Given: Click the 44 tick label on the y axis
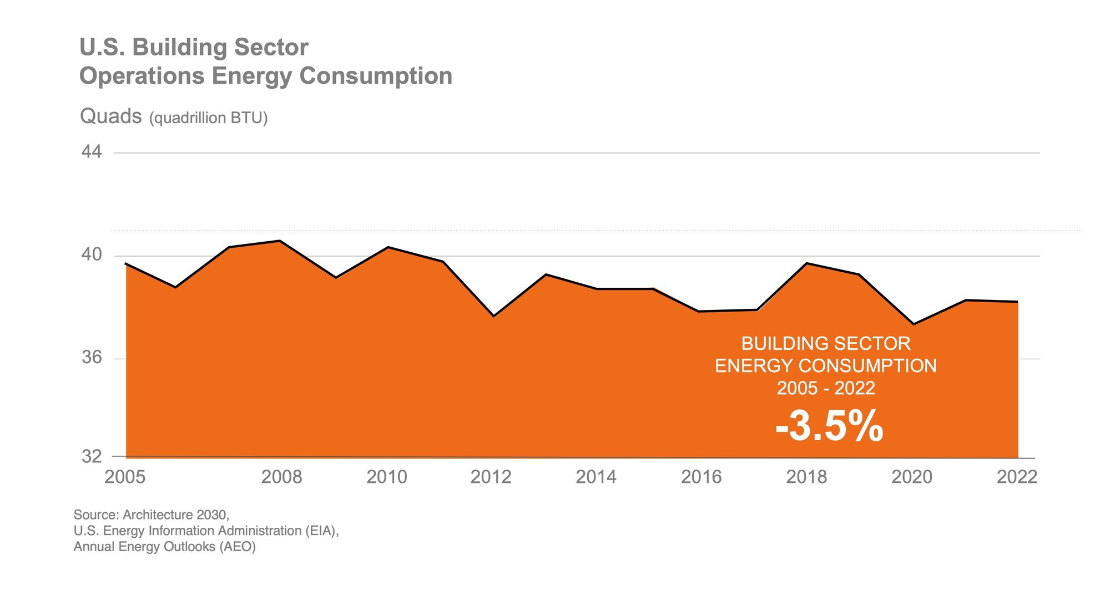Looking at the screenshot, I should (92, 152).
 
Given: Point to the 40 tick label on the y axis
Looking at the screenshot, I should (92, 255).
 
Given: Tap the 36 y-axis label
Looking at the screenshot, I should (92, 358).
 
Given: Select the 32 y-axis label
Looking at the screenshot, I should (92, 457).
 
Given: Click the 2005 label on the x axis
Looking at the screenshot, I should (125, 477).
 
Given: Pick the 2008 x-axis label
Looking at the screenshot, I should (281, 477).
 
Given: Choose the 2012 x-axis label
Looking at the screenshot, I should (491, 477).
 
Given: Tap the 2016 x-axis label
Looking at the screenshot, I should (701, 477).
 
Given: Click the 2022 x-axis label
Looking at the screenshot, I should (1017, 477).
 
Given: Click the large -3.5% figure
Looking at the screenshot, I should (829, 426).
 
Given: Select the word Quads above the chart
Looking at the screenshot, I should (111, 116).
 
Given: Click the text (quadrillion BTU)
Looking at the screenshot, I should (208, 118).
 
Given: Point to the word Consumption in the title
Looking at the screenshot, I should (376, 76).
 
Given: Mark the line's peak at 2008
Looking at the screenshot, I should (280, 241).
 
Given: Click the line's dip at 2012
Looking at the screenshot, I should (493, 316).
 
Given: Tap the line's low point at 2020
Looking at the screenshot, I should (913, 324).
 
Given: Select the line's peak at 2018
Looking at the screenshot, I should (806, 263).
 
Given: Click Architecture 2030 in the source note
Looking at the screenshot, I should (175, 515).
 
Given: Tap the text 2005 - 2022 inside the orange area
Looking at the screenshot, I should (826, 388).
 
